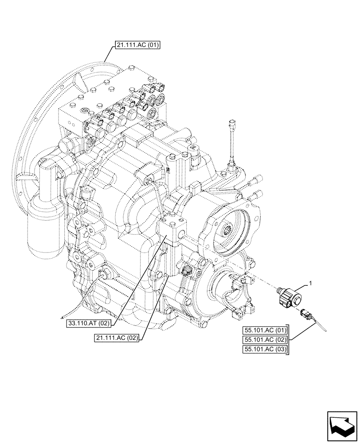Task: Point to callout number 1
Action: pos(310,283)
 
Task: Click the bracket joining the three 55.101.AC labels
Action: pos(289,340)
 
